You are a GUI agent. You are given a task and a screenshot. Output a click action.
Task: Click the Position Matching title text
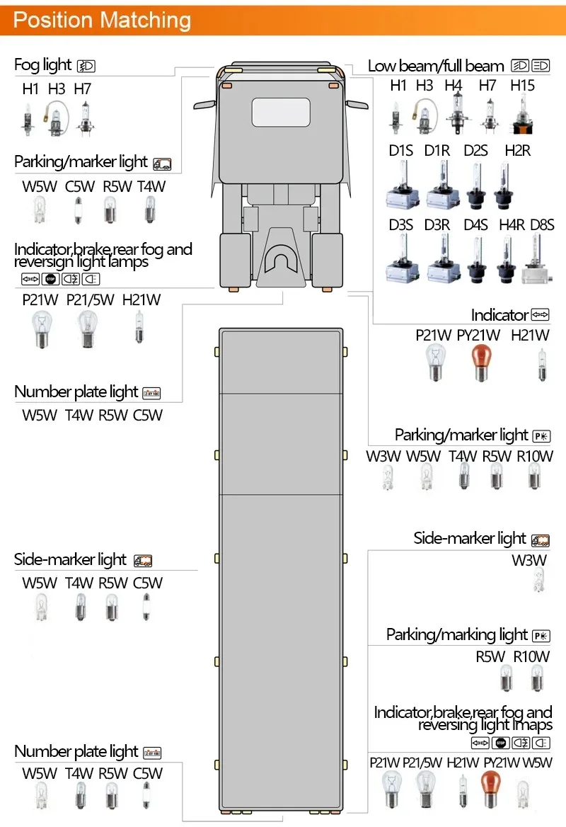102,20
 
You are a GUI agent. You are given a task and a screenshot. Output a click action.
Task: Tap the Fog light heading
42,66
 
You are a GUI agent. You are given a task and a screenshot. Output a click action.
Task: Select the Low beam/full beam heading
436,67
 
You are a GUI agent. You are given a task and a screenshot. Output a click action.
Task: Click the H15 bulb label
522,86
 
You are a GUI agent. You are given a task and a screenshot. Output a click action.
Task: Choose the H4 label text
454,86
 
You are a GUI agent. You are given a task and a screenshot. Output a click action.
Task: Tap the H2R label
517,150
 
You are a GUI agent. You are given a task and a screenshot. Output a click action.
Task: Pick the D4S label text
475,225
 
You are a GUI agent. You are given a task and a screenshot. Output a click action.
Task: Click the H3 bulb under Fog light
56,118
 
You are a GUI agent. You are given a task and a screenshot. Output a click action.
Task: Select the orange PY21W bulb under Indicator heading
479,361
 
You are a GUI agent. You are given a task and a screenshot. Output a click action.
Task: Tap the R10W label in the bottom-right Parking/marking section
531,656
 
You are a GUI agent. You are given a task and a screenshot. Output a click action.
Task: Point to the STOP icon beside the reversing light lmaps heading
501,743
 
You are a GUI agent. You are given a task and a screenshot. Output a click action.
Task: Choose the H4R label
512,225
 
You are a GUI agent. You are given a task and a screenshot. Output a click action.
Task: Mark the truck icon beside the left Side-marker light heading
143,561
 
